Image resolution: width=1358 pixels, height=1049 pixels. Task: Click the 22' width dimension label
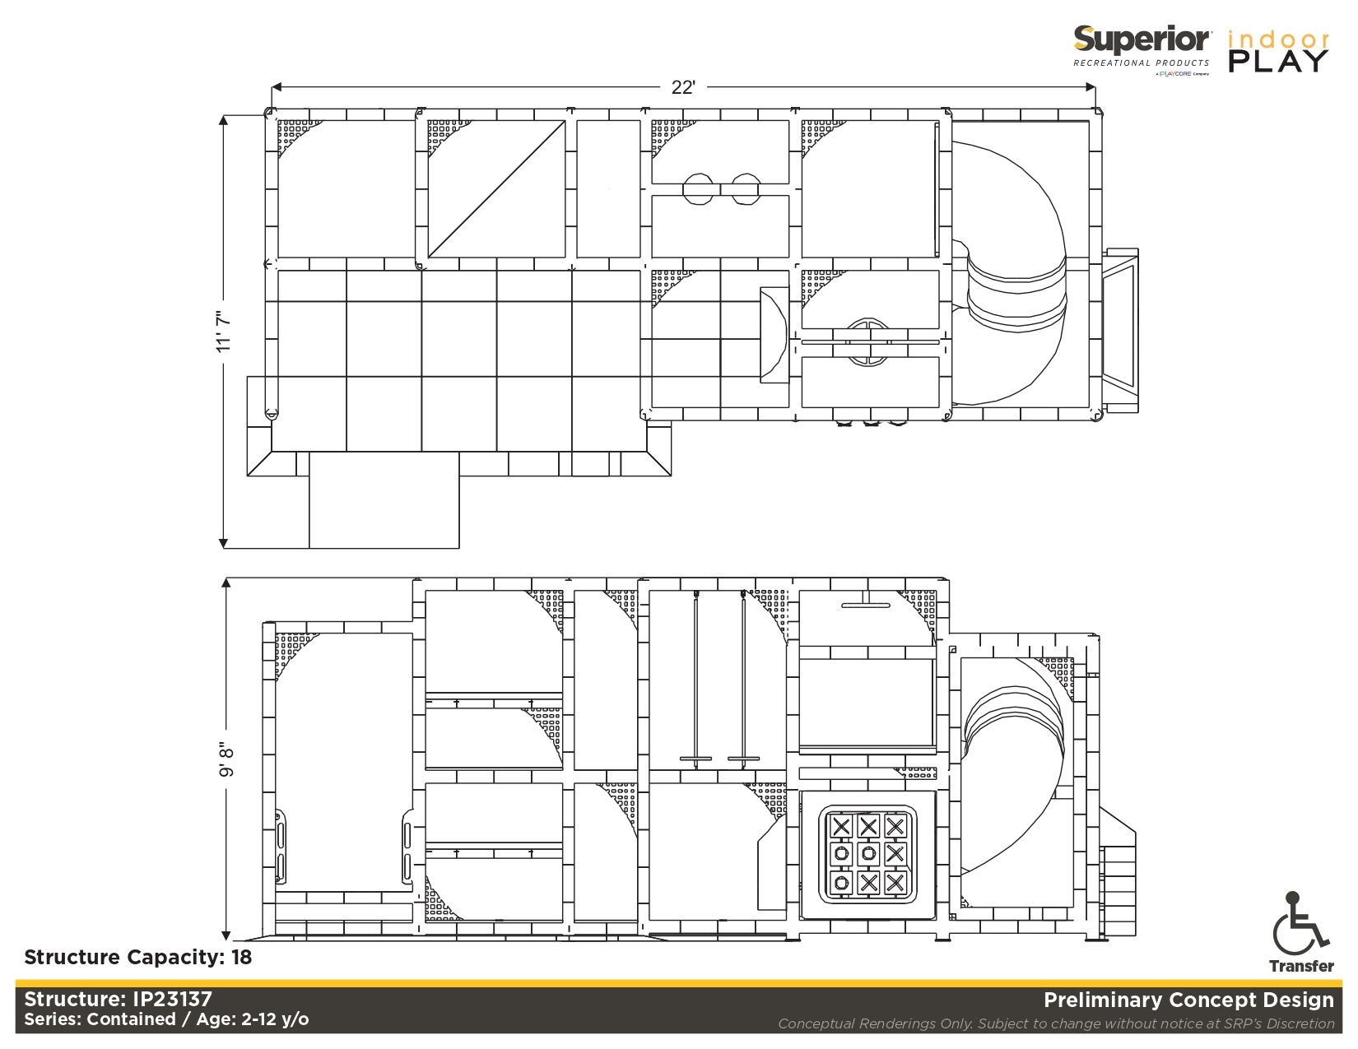coord(682,87)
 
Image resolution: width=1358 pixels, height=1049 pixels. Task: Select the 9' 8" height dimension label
coord(226,759)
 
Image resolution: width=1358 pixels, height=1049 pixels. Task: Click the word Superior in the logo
coord(1142,39)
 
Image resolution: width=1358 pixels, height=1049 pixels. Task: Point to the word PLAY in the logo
coord(1278,61)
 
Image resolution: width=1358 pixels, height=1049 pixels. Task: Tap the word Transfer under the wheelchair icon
coord(1301,966)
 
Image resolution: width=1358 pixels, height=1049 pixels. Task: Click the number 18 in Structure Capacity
coord(241,957)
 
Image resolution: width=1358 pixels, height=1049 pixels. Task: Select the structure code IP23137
coord(172,999)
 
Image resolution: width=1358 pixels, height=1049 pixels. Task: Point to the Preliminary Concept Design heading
coord(1188,1000)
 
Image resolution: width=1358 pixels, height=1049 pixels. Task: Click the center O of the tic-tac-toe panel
coord(868,853)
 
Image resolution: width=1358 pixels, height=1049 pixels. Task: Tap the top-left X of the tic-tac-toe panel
coord(841,826)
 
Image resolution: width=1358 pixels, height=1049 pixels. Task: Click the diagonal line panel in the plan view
coord(496,189)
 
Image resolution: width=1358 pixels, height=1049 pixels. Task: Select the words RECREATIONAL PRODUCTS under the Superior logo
coord(1141,63)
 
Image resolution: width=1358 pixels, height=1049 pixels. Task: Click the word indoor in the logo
coord(1278,39)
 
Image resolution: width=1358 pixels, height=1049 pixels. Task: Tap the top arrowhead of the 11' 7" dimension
coord(223,120)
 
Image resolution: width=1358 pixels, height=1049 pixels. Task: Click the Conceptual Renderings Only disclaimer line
coord(1055,1023)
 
